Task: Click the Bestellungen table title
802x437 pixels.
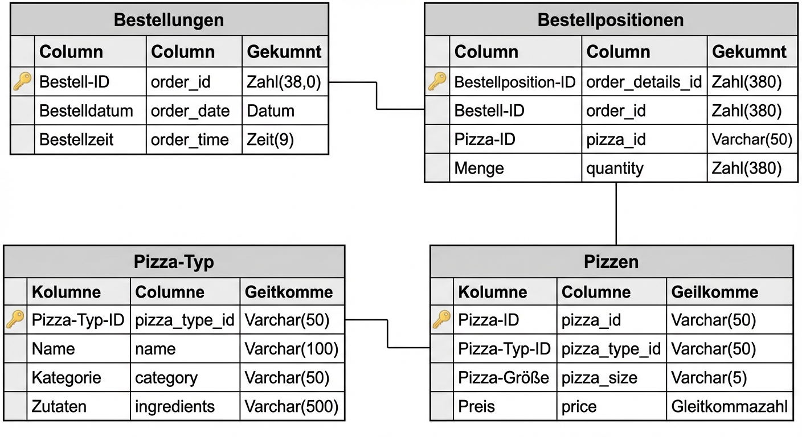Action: [x=169, y=20]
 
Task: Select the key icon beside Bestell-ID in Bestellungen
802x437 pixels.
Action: [x=22, y=82]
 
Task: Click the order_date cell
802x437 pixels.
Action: [x=190, y=110]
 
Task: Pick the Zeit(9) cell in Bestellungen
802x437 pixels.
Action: [x=270, y=139]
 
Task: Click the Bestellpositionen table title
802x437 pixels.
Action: [x=610, y=20]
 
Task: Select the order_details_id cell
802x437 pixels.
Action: [x=644, y=82]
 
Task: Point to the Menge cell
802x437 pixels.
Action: [x=478, y=168]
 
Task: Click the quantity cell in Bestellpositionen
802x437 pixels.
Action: [x=615, y=168]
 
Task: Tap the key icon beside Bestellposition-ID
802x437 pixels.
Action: [x=437, y=82]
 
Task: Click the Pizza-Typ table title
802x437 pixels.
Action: [x=174, y=262]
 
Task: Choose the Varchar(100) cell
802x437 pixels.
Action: [x=291, y=348]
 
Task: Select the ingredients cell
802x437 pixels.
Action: [x=175, y=406]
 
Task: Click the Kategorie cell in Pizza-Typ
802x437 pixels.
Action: [x=67, y=377]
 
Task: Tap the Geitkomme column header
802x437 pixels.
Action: [x=288, y=292]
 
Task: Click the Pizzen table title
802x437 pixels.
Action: [x=611, y=262]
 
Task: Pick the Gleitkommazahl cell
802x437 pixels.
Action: [x=729, y=406]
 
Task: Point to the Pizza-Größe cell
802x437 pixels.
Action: [x=504, y=377]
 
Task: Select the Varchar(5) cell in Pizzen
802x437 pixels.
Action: [x=709, y=377]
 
